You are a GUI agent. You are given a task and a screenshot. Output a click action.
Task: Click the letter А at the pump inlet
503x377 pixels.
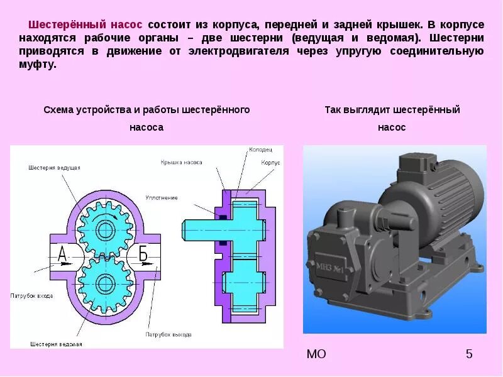coord(62,254)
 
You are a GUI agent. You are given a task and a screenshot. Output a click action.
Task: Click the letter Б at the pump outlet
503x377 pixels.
coord(143,254)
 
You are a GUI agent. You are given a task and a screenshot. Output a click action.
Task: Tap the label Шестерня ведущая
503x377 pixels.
coord(54,168)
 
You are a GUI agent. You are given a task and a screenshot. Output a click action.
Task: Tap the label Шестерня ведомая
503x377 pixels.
coord(55,344)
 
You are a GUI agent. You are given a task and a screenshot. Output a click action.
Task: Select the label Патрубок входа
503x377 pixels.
coord(31,295)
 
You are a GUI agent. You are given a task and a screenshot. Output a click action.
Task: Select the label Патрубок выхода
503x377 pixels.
coord(169,334)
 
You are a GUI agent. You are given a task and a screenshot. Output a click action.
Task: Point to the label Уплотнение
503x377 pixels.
coord(162,197)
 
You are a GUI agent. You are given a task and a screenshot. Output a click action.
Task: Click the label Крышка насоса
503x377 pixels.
coord(181,161)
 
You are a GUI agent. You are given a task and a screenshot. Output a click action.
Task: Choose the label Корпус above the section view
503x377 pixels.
coord(270,162)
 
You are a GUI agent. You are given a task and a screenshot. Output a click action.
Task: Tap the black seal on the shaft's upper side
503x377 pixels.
coord(223,217)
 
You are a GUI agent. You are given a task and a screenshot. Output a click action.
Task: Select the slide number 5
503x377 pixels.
coord(468,354)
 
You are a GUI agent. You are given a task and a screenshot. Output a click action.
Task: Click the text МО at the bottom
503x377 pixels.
coord(316,354)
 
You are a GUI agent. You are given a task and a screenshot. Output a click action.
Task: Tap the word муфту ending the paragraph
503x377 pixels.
coord(37,65)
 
